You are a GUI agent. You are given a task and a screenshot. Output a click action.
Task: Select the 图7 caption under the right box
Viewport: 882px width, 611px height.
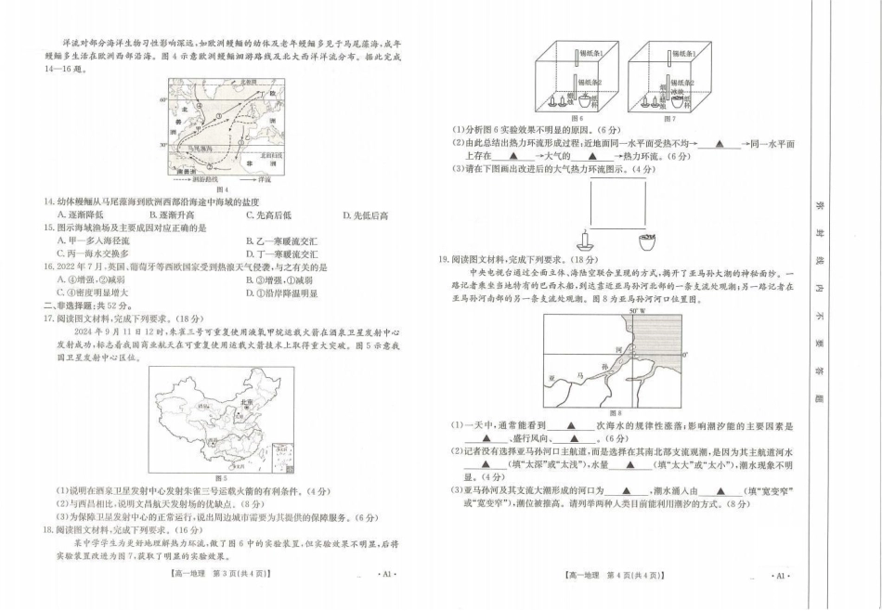[669, 118]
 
